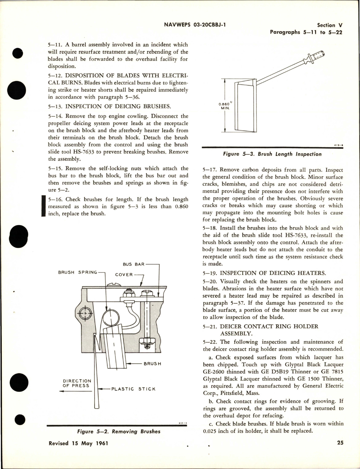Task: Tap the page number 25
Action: click(x=340, y=443)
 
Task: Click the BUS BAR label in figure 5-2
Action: click(x=134, y=264)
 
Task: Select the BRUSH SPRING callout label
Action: click(x=77, y=272)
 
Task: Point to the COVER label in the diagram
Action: click(x=124, y=274)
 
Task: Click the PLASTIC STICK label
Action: click(x=133, y=389)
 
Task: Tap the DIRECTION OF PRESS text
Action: click(x=77, y=383)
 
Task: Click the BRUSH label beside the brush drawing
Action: click(x=152, y=364)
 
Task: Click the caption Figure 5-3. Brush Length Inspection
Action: click(x=272, y=154)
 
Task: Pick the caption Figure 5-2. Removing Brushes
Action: click(x=118, y=431)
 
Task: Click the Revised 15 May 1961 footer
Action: click(x=78, y=443)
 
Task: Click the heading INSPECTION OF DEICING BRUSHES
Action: click(x=118, y=106)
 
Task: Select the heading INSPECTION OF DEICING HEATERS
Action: click(x=273, y=273)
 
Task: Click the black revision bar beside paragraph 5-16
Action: click(x=43, y=206)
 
